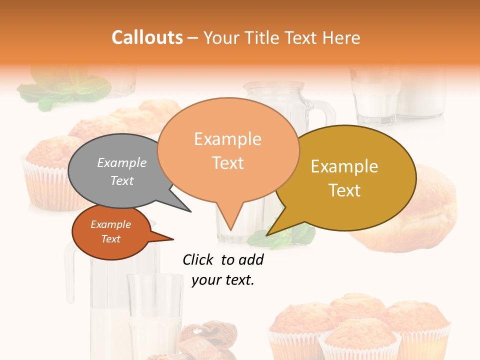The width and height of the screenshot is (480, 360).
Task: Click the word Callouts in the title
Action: coord(147,37)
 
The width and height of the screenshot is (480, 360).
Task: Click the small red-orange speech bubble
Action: coord(111,232)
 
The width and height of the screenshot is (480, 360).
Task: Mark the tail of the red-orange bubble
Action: coord(170,239)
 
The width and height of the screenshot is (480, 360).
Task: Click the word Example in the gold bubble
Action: coord(344,166)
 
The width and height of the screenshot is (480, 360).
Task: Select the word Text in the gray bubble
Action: coord(122,180)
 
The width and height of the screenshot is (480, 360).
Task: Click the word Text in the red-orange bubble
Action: coord(111,239)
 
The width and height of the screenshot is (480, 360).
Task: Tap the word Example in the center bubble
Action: coord(227,139)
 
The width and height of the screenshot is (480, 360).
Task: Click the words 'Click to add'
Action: coord(223,259)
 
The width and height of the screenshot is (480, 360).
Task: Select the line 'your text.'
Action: coord(223,280)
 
